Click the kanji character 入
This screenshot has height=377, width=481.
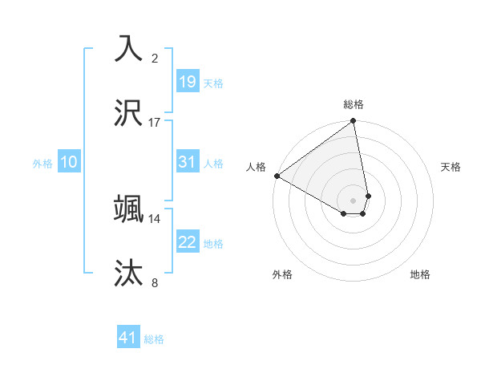pyautogui.click(x=129, y=49)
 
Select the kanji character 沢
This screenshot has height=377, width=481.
pyautogui.click(x=129, y=113)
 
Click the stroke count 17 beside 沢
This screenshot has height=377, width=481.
pyautogui.click(x=155, y=122)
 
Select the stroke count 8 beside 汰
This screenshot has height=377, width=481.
pyautogui.click(x=155, y=282)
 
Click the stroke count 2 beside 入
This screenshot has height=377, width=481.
pyautogui.click(x=155, y=58)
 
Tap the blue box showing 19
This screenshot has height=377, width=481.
pyautogui.click(x=187, y=81)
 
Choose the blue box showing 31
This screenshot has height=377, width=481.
pyautogui.click(x=187, y=162)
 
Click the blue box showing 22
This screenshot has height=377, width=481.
pyautogui.click(x=187, y=242)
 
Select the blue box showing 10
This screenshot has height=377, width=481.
pyautogui.click(x=68, y=162)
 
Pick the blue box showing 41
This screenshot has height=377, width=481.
pyautogui.click(x=128, y=338)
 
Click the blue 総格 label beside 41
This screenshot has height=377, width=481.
pyautogui.click(x=154, y=339)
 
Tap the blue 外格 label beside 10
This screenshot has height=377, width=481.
pyautogui.click(x=42, y=164)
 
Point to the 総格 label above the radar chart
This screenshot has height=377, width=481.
pyautogui.click(x=354, y=104)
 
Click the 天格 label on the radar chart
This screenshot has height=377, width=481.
pyautogui.click(x=451, y=167)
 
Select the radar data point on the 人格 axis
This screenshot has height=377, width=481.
pyautogui.click(x=277, y=176)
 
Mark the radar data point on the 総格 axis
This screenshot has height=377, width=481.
pyautogui.click(x=354, y=122)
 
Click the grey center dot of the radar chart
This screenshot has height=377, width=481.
pyautogui.click(x=354, y=200)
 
